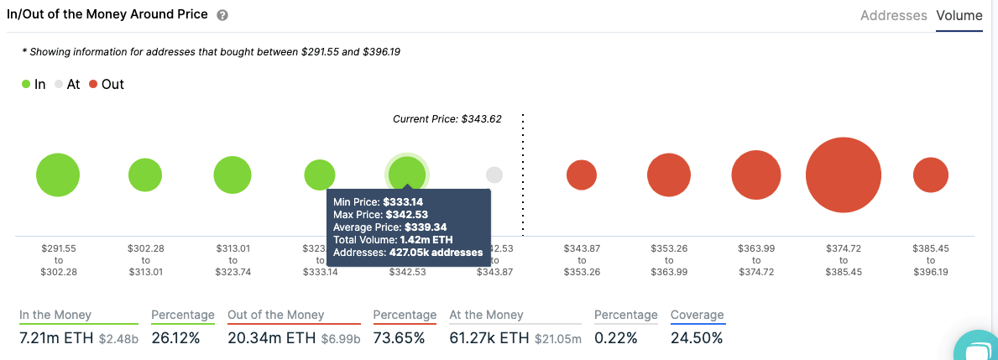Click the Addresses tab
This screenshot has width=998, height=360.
(x=893, y=15)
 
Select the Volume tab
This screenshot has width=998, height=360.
(x=959, y=15)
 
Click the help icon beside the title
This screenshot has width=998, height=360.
(x=222, y=16)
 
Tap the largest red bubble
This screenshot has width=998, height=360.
(x=843, y=175)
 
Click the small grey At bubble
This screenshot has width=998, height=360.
(x=494, y=175)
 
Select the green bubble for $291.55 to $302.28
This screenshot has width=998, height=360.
(x=58, y=175)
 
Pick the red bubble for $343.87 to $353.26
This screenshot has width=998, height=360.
(x=582, y=175)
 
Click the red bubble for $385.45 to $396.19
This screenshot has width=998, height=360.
(x=930, y=175)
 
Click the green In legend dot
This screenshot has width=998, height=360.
(x=26, y=85)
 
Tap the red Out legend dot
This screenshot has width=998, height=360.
(x=92, y=85)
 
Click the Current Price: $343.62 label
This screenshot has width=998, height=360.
(x=447, y=119)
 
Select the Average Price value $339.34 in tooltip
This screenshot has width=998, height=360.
(x=426, y=227)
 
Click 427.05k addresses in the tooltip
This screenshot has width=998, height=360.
(x=436, y=253)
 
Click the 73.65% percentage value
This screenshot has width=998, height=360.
(x=399, y=338)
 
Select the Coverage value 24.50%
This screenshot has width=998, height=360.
(x=697, y=338)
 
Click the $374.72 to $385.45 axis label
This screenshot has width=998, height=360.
(x=843, y=260)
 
